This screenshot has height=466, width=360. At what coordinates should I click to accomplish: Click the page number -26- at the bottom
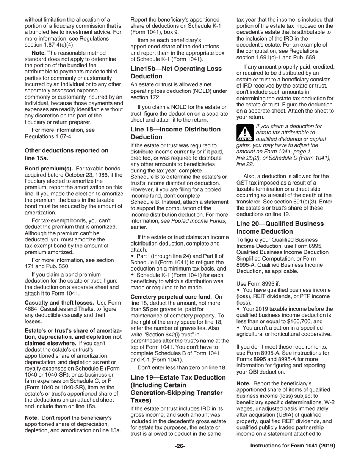click(x=180, y=446)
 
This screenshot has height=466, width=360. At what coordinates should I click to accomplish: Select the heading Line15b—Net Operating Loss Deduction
click(x=176, y=72)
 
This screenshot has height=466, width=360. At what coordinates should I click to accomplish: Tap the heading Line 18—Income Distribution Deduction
click(x=175, y=133)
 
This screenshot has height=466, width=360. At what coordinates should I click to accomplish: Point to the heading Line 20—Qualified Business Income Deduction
click(x=280, y=227)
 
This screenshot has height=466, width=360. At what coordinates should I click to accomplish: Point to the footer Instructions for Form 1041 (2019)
click(x=293, y=446)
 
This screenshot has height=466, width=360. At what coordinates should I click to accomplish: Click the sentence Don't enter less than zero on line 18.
click(x=182, y=367)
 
